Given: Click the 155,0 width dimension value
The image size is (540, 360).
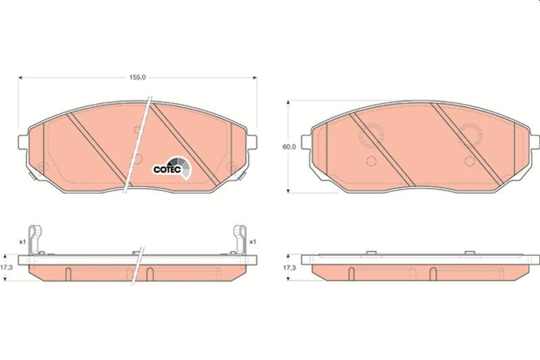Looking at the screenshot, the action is click(x=138, y=78).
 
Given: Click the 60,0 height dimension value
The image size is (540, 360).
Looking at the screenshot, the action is click(x=289, y=147).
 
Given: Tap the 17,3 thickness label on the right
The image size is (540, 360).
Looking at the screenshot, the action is click(x=290, y=267).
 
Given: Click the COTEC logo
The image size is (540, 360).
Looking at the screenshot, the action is click(x=171, y=168).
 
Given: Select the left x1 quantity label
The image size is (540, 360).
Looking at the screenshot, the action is click(x=22, y=242).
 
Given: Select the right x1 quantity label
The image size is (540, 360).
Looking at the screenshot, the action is click(x=252, y=242).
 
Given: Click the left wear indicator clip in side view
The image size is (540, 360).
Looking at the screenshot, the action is click(x=34, y=240).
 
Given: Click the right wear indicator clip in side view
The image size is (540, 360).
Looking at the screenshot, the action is click(x=240, y=240).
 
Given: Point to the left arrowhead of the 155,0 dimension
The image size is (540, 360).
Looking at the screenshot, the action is click(x=20, y=78).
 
